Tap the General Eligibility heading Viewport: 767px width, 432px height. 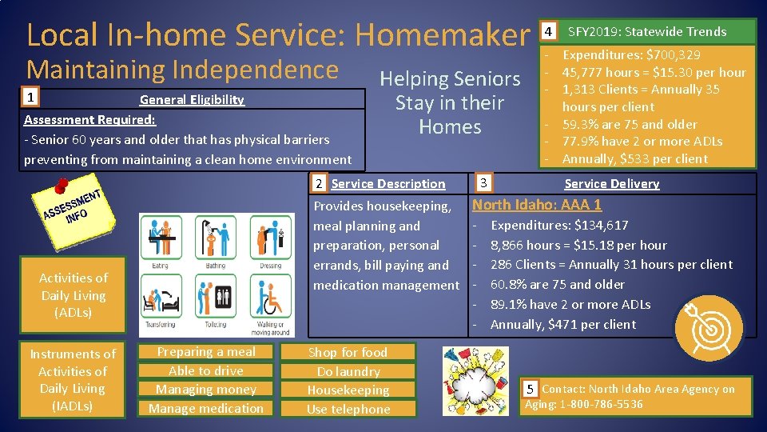pyautogui.click(x=192, y=100)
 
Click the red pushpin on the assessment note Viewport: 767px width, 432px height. pyautogui.click(x=59, y=186)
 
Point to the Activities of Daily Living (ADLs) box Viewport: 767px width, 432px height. pyautogui.click(x=73, y=294)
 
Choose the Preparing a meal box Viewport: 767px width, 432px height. pyautogui.click(x=206, y=352)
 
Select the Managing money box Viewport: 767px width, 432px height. pyautogui.click(x=206, y=390)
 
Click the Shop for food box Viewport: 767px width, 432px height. pyautogui.click(x=348, y=352)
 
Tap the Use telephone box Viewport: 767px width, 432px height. pyautogui.click(x=348, y=409)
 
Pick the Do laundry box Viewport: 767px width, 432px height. pyautogui.click(x=348, y=371)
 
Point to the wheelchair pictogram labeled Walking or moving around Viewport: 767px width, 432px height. pyautogui.click(x=270, y=300)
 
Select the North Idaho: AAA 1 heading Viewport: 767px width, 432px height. pyautogui.click(x=537, y=205)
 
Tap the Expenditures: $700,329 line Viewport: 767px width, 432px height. pyautogui.click(x=630, y=55)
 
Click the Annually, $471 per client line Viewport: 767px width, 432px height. pyautogui.click(x=562, y=324)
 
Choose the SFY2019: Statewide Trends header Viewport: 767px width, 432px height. pyautogui.click(x=646, y=32)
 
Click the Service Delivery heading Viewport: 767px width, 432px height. pyautogui.click(x=611, y=183)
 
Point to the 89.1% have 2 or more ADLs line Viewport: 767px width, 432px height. pyautogui.click(x=570, y=304)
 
